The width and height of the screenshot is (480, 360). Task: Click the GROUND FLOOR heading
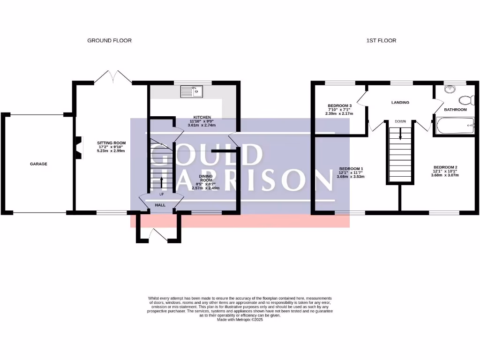pyautogui.click(x=109, y=41)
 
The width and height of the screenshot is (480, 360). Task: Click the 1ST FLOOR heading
pyautogui.click(x=381, y=41)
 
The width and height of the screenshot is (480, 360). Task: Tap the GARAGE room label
pyautogui.click(x=38, y=164)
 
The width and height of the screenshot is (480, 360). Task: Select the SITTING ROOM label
pyautogui.click(x=111, y=143)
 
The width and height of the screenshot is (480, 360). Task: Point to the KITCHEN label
pyautogui.click(x=202, y=117)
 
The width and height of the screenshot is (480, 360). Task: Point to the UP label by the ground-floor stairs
pyautogui.click(x=162, y=194)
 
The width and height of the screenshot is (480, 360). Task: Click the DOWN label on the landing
pyautogui.click(x=400, y=121)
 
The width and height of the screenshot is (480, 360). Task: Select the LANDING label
pyautogui.click(x=400, y=102)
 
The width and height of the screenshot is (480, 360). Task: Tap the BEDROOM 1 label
pyautogui.click(x=351, y=169)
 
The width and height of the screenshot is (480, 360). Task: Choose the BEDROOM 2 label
pyautogui.click(x=445, y=167)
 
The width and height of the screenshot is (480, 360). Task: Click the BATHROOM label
pyautogui.click(x=456, y=110)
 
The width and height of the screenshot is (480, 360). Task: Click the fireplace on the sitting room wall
pyautogui.click(x=78, y=145)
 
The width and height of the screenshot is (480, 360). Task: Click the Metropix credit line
pyautogui.click(x=240, y=320)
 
